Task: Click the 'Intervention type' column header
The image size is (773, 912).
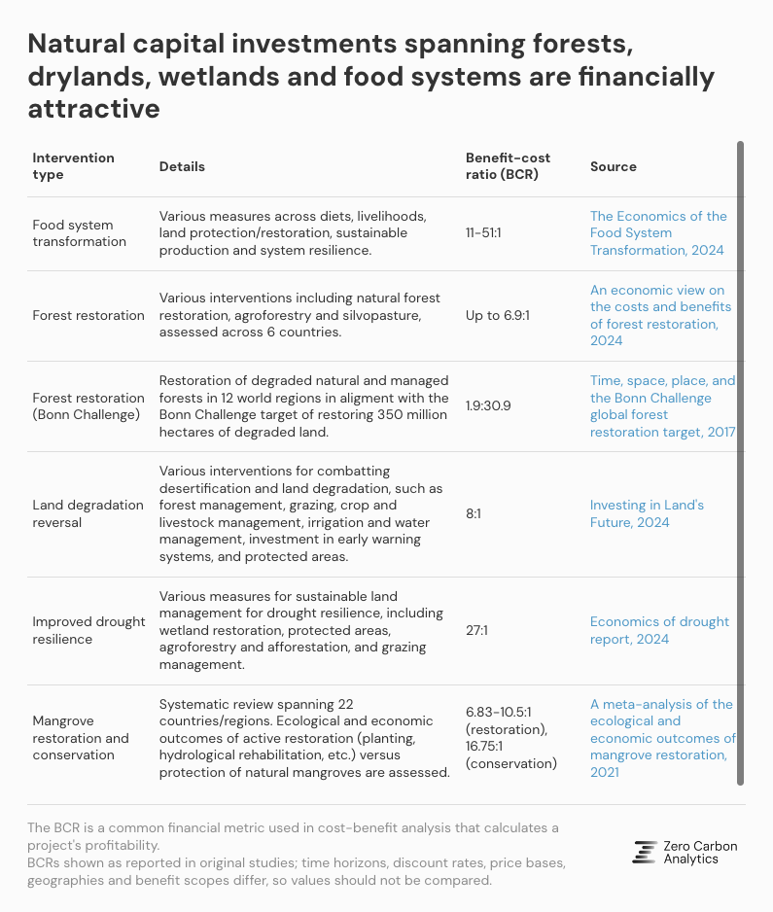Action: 73,166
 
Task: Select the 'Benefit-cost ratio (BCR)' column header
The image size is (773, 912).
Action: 502,166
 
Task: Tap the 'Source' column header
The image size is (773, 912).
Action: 613,166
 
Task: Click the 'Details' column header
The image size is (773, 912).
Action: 182,166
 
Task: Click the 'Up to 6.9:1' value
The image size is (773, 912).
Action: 502,315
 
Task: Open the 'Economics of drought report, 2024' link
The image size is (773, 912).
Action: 659,630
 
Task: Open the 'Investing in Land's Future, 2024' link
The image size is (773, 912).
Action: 647,513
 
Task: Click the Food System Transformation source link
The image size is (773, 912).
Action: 657,233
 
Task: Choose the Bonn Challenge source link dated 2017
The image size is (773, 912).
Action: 662,405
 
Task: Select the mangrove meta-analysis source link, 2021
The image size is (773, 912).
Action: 661,738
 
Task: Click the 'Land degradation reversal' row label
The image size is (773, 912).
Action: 88,513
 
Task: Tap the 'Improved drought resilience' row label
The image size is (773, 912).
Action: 88,630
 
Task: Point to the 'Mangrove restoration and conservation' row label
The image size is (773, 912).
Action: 81,738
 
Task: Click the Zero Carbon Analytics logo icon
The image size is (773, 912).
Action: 644,852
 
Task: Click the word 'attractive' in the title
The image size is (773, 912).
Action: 93,109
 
